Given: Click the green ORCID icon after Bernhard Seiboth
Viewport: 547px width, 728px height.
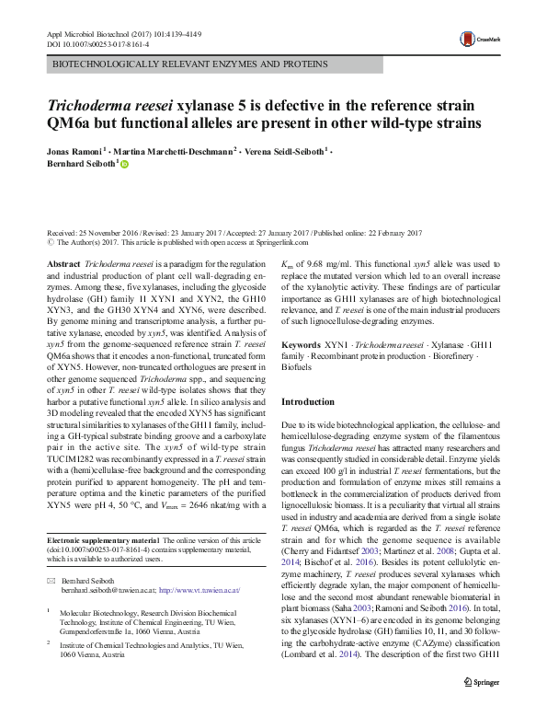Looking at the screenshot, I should (x=126, y=164).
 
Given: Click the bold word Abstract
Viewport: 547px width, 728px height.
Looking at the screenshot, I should (x=63, y=263).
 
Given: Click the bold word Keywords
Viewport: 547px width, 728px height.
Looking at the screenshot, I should (x=301, y=341).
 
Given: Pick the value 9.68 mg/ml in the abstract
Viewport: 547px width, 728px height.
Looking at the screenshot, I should (x=325, y=263).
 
